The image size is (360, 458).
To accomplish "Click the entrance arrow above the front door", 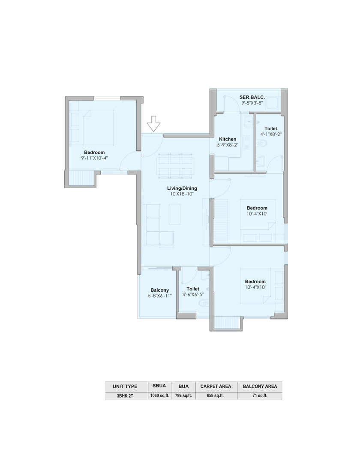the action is [153, 123].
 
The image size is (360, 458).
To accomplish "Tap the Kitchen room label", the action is [228, 139].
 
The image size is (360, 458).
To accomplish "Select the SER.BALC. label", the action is [252, 97].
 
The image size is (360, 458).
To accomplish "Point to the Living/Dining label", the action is [182, 189].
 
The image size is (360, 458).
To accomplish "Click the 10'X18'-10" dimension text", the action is [182, 194].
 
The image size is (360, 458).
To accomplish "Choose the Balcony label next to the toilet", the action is [159, 290].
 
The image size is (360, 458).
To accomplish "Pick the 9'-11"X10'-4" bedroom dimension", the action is [94, 158].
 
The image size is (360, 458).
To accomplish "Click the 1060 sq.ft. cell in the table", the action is [159, 395].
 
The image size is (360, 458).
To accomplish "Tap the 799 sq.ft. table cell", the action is [183, 395].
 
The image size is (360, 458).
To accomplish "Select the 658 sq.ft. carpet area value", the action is [215, 395].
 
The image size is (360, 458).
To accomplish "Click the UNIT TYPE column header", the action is [125, 386].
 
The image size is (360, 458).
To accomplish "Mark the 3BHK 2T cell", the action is [125, 396].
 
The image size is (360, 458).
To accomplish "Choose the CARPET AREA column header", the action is [216, 386].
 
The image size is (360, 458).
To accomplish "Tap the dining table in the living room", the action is [175, 166].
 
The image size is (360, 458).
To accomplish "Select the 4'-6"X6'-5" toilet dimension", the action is [193, 295].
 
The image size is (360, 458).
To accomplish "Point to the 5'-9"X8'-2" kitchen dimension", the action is [228, 144].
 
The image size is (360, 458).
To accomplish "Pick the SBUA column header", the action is [159, 386].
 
